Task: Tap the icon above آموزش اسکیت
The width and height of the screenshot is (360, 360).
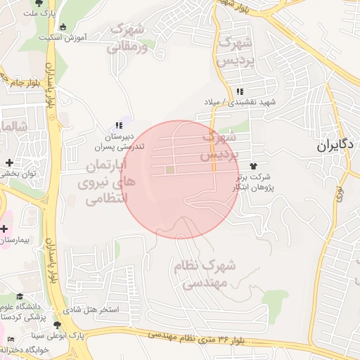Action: [x=64, y=27]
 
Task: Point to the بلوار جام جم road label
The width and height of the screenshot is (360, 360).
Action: [x=15, y=82]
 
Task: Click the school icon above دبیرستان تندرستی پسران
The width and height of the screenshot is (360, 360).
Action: [x=118, y=125]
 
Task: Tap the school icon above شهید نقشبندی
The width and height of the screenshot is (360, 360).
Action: [x=240, y=91]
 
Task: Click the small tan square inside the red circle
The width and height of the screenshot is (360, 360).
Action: [x=169, y=169]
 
